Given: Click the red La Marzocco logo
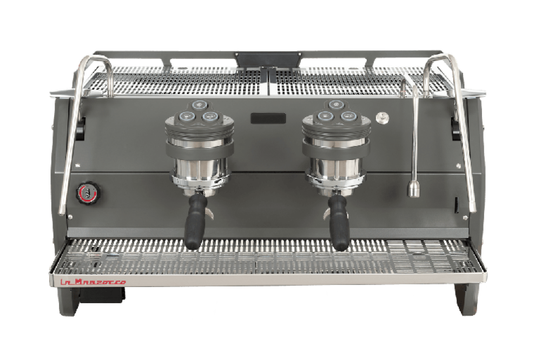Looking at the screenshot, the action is [93, 282].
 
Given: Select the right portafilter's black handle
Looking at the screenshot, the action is [338, 223].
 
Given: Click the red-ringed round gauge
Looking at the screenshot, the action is [88, 193].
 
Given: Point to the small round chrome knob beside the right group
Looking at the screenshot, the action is [382, 118].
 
